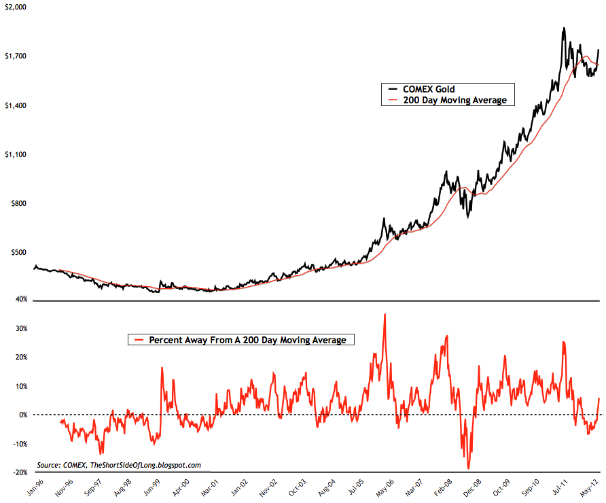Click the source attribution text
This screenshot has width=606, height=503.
click(x=120, y=465)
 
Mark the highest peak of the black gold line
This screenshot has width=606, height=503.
click(x=564, y=29)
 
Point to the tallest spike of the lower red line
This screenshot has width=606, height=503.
click(x=385, y=314)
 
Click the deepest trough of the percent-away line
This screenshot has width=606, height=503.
click(x=468, y=468)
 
